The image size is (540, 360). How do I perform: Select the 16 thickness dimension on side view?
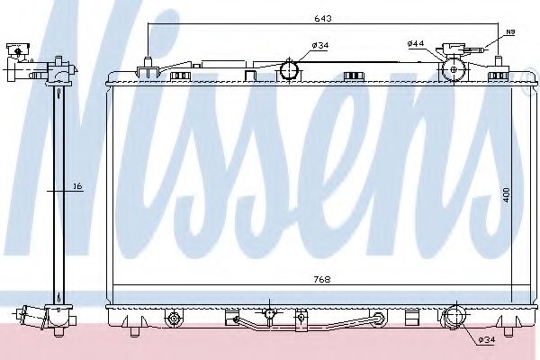[x=77, y=186]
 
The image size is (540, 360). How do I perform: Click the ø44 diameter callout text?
[x=415, y=42]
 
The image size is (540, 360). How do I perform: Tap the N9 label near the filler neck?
[x=508, y=32]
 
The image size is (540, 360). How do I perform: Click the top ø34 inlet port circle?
[x=291, y=68]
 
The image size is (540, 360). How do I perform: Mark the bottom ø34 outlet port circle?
[x=454, y=316]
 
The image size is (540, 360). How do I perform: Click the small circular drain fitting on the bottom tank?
[x=267, y=313]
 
